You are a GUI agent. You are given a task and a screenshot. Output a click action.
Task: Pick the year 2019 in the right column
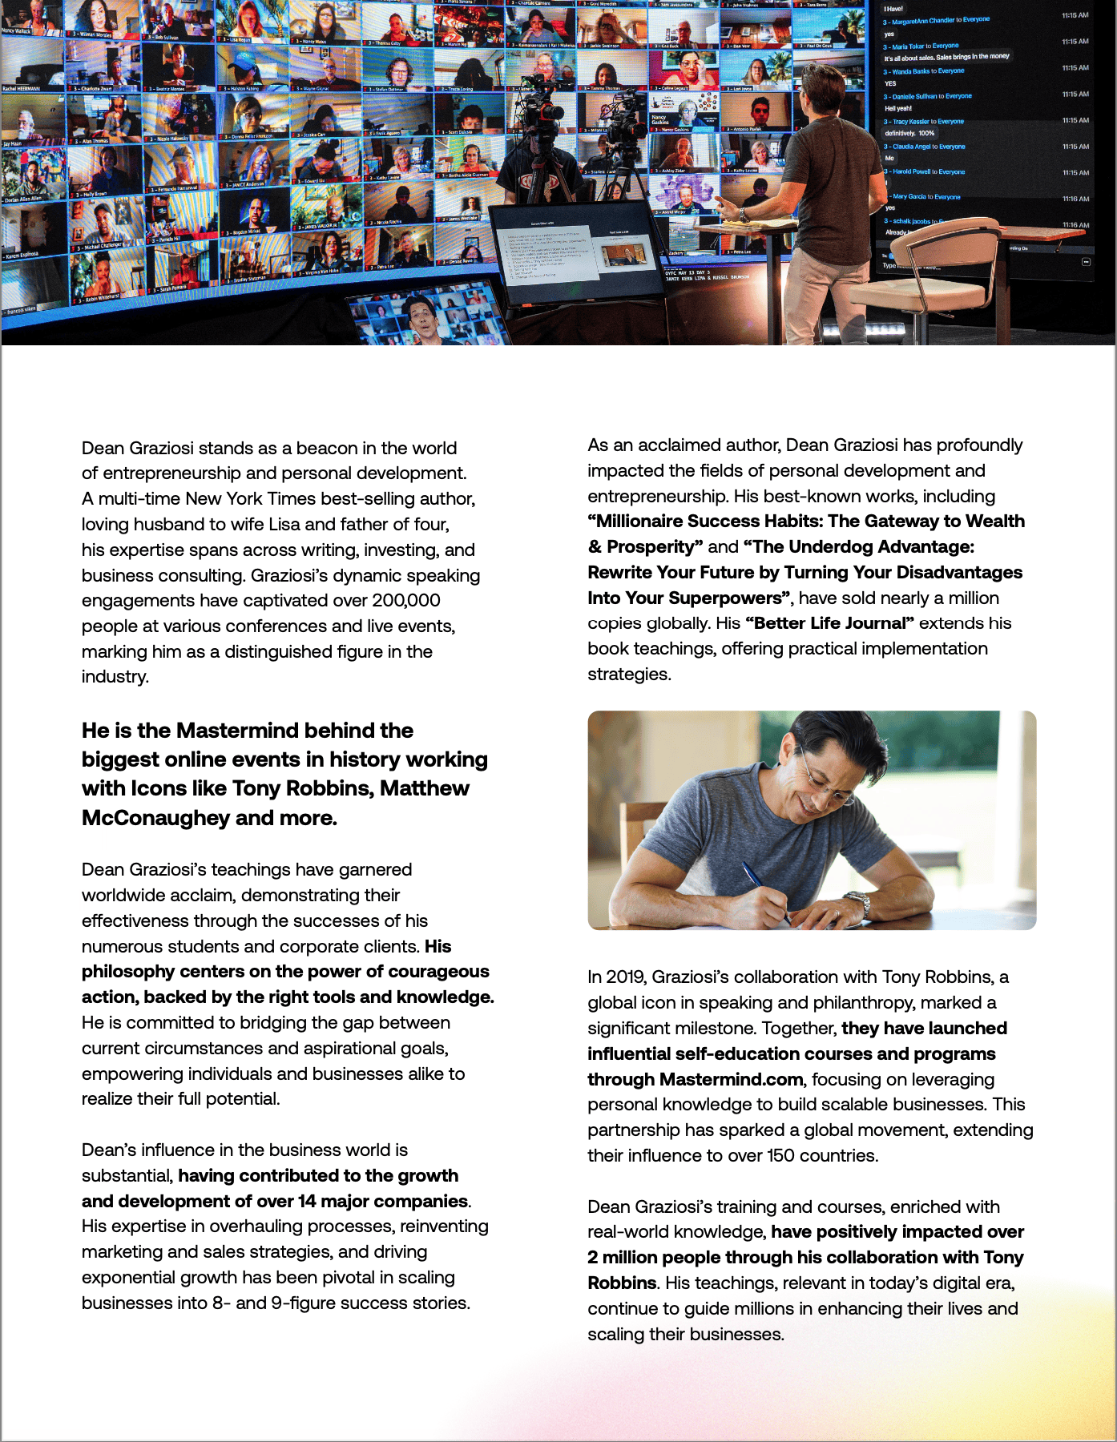[x=625, y=977]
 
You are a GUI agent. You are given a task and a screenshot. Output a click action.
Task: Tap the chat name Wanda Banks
[x=911, y=71]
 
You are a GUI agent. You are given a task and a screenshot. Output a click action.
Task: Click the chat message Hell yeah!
[x=898, y=108]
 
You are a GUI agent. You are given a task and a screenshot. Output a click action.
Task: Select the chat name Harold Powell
[x=912, y=171]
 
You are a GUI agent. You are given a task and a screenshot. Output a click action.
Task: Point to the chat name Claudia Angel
[x=913, y=147]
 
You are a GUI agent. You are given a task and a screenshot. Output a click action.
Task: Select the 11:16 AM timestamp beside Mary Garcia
[x=1075, y=199]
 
